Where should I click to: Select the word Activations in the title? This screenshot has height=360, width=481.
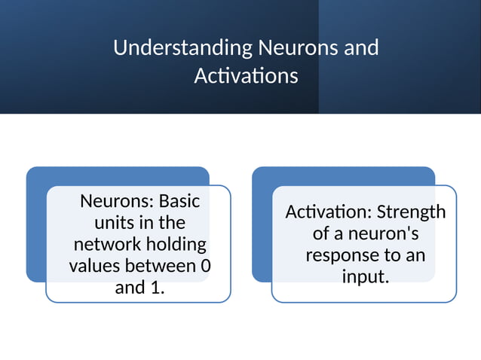click(x=246, y=76)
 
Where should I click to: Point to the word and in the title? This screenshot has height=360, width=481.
click(x=361, y=48)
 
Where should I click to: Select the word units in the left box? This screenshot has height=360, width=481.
click(x=112, y=223)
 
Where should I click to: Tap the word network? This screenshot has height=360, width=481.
click(x=106, y=245)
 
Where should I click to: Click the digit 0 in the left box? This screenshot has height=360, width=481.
click(x=206, y=266)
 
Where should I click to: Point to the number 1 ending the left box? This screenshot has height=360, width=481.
click(x=156, y=288)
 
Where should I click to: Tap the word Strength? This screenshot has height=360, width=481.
click(x=411, y=212)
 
